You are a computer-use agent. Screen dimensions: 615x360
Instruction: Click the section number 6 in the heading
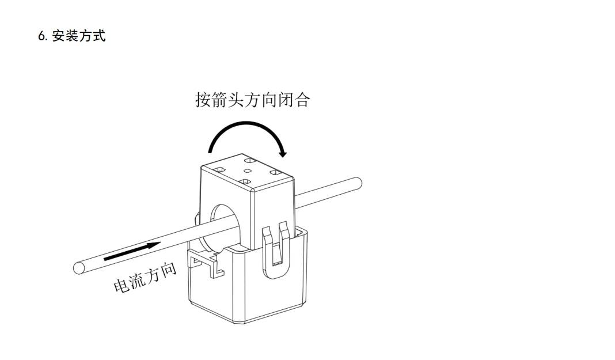click(41, 36)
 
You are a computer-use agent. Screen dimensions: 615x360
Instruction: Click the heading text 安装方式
click(79, 36)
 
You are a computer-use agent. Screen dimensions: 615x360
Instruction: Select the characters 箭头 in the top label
click(227, 100)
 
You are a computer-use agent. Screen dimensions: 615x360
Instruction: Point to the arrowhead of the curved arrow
click(282, 152)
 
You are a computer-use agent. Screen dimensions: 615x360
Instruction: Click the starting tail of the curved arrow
click(211, 150)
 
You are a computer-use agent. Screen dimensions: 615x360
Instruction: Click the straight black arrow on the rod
click(132, 251)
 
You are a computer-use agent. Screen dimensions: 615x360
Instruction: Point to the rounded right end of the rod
click(358, 183)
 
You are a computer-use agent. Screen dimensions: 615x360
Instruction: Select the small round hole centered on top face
click(248, 170)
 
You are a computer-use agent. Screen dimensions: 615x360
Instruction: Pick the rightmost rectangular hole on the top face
click(275, 172)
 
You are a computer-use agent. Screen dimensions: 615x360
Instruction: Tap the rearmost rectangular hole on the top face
click(250, 160)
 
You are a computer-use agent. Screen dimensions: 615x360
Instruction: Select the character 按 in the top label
click(203, 100)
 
